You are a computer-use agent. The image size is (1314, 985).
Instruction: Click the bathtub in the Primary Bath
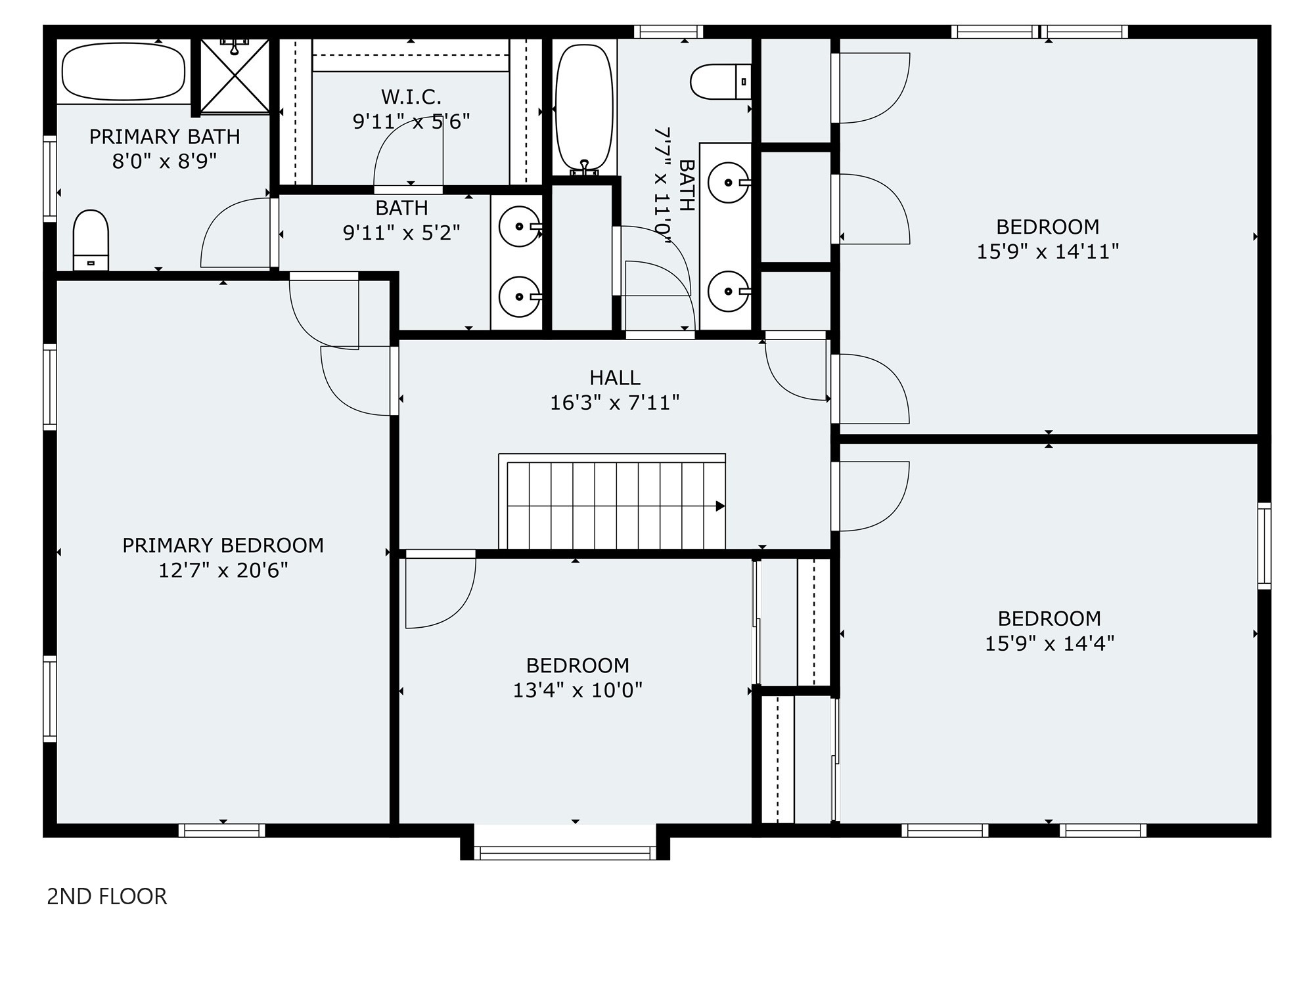124,71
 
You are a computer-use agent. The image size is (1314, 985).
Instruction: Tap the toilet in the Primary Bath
91,240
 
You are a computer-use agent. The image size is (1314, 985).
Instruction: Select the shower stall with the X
235,76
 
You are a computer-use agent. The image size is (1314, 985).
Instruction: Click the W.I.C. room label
411,97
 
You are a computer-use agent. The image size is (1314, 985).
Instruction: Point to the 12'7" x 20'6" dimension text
223,570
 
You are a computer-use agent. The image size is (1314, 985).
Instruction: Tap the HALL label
615,378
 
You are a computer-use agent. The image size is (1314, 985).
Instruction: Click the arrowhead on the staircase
721,506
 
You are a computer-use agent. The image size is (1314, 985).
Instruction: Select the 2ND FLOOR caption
107,896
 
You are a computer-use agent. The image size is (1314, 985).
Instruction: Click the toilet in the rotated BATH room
721,82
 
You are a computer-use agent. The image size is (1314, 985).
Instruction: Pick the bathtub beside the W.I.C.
584,108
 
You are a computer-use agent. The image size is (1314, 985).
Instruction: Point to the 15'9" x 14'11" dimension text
1048,252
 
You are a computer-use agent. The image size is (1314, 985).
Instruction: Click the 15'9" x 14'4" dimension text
1049,643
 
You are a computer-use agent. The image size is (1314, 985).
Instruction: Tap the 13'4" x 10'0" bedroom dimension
578,690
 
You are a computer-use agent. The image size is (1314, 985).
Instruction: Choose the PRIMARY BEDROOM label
223,545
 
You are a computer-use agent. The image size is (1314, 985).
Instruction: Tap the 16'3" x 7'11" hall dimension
615,403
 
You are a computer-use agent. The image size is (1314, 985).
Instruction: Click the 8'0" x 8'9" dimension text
164,161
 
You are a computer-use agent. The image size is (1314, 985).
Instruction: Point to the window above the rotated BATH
668,32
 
